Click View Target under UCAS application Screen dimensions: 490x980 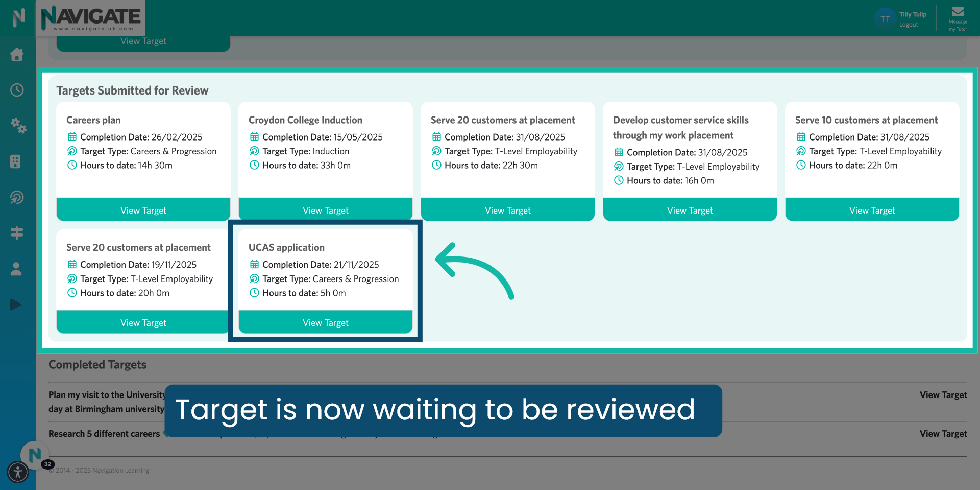coord(325,322)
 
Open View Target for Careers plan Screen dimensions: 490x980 coord(143,210)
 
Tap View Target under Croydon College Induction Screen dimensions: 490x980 coord(325,210)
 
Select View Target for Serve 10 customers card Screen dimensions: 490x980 coord(872,210)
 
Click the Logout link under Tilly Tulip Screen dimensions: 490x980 coord(908,25)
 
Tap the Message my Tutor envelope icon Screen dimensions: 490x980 coord(958,12)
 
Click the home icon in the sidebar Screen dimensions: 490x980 coord(17,54)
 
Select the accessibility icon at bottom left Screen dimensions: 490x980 coord(18,472)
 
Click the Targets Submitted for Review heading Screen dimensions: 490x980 coord(132,90)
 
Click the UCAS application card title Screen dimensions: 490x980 coord(286,247)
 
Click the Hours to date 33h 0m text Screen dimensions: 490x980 coord(306,166)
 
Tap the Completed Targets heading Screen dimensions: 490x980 coord(97,365)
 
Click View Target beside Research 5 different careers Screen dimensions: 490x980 coord(943,434)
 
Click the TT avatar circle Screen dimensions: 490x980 coord(885,19)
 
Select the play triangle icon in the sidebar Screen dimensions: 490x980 coord(16,305)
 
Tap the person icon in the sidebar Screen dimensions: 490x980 coord(16,269)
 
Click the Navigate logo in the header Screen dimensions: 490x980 coord(91,18)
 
